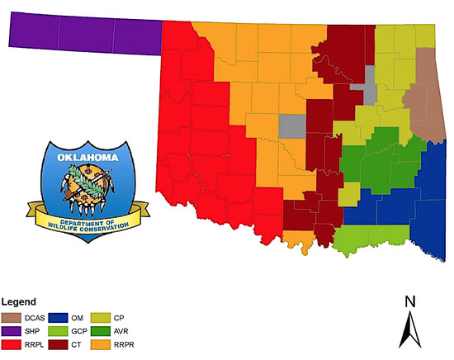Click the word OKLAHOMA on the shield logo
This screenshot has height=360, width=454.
tap(87, 157)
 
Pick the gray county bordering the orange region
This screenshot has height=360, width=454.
tap(291, 126)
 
